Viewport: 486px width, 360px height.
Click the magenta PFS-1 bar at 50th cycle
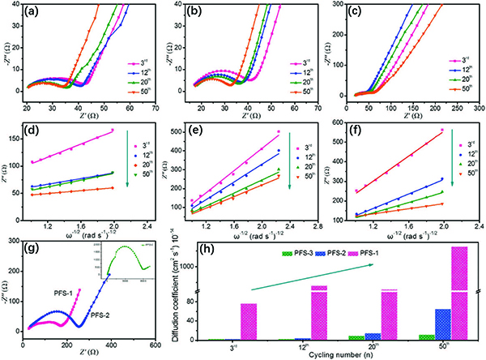pos(459,292)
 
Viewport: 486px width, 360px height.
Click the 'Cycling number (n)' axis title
pos(334,354)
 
